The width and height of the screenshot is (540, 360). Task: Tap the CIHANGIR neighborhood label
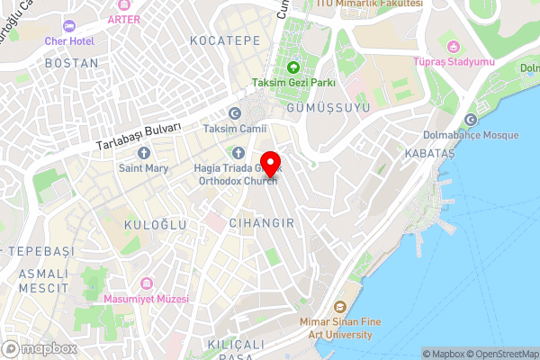pos(261,221)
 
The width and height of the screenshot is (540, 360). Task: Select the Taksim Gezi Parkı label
pos(293,83)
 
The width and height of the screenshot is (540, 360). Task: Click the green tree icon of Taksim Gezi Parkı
pos(293,67)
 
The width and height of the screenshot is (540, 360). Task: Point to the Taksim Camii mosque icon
pos(236,112)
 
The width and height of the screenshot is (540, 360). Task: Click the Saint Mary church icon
pos(144,153)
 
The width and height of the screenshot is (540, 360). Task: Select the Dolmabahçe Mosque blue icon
pos(471,120)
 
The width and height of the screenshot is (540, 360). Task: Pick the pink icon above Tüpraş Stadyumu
pos(454,45)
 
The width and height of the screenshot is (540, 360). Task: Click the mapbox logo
pos(40,348)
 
